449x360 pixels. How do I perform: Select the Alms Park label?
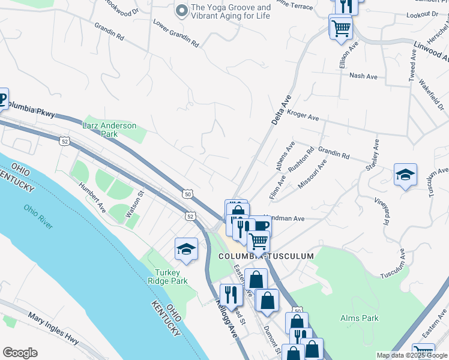tap(359, 318)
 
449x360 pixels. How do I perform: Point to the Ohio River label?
tap(38, 217)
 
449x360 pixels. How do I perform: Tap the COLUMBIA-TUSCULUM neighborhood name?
tap(266, 256)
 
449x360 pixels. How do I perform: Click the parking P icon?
tap(2, 98)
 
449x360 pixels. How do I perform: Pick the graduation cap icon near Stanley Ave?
tap(405, 175)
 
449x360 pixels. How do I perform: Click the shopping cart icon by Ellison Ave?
tap(340, 27)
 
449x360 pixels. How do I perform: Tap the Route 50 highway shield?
tap(188, 194)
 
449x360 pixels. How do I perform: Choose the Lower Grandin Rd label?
tap(176, 33)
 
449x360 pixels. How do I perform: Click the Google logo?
tap(20, 353)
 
